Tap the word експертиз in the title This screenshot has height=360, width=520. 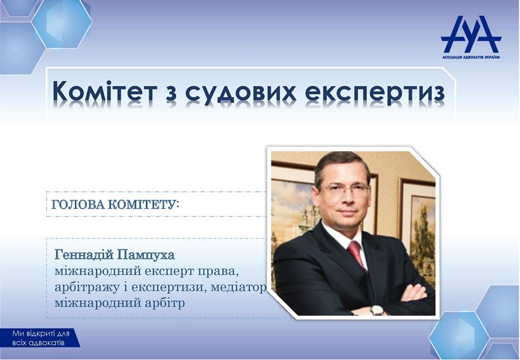pyautogui.click(x=375, y=92)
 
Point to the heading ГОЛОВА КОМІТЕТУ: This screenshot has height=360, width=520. pyautogui.click(x=115, y=205)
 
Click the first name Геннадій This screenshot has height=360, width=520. pyautogui.click(x=85, y=255)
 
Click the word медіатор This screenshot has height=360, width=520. pyautogui.click(x=238, y=287)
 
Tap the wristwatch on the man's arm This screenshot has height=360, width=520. pyautogui.click(x=377, y=310)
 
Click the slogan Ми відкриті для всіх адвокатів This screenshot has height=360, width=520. pyautogui.click(x=41, y=338)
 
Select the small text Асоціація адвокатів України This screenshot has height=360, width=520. pyautogui.click(x=471, y=57)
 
